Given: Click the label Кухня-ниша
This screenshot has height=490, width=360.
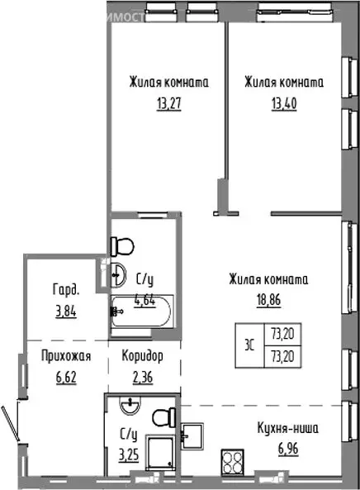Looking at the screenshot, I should coord(287,429).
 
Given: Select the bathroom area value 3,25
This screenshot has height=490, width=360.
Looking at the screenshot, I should coord(129,454).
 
